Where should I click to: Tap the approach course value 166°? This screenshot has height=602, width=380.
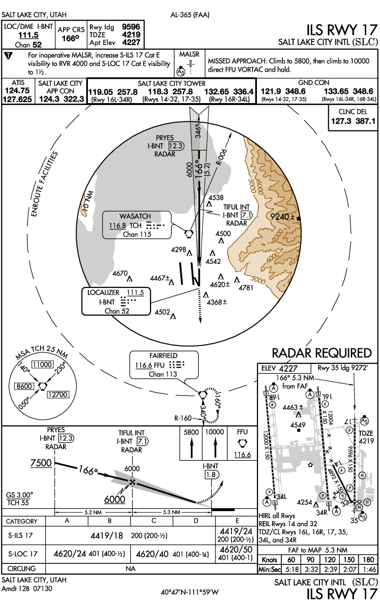[x=70, y=38]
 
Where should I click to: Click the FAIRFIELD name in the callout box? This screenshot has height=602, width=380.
[x=163, y=356]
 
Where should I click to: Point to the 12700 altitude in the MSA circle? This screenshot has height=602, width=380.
[x=58, y=394]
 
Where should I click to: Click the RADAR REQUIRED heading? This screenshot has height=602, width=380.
[x=321, y=353]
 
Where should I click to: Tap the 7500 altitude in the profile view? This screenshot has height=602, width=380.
[x=41, y=463]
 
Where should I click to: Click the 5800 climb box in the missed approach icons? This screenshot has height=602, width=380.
[x=191, y=432]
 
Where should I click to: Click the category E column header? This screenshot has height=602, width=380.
[x=237, y=521]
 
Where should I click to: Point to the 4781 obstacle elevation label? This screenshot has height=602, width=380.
[x=246, y=288]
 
